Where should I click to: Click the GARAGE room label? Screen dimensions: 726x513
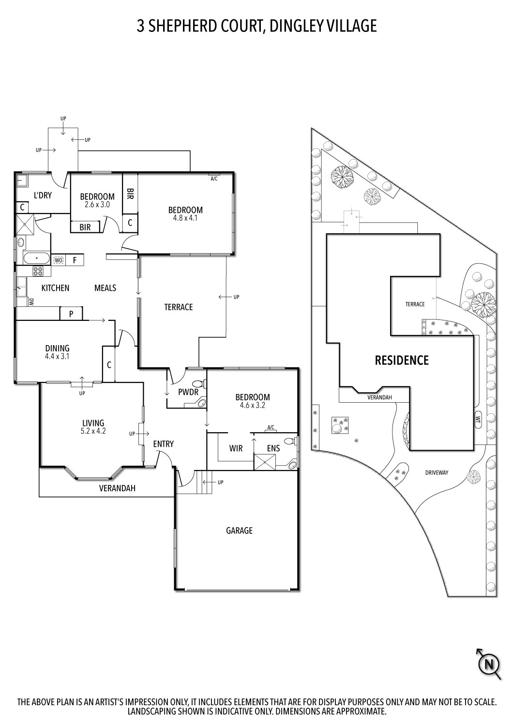pos(239,530)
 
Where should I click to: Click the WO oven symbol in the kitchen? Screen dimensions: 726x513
pos(59,260)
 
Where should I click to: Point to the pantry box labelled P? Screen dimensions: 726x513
pos(71,314)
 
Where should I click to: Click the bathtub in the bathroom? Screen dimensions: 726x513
pos(36,257)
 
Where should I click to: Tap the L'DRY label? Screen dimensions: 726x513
pos(43,196)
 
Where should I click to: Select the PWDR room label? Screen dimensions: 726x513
pos(188,392)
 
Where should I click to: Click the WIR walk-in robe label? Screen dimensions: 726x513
pos(236,449)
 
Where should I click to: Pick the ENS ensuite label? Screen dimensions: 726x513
pos(273,449)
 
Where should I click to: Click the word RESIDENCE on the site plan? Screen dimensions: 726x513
pos(402,360)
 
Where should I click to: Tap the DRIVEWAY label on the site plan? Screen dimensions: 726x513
pos(437,472)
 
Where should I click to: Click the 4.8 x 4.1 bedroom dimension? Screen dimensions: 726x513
pos(185,218)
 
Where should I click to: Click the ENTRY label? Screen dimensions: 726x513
pos(163,444)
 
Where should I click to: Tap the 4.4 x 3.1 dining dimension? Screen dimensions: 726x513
pos(57,356)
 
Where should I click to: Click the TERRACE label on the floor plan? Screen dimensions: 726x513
pos(178,307)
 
